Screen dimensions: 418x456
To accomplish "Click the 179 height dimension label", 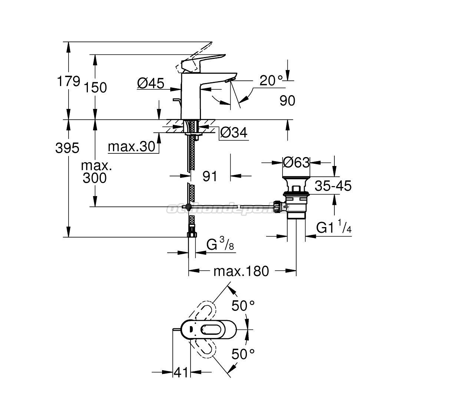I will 68,81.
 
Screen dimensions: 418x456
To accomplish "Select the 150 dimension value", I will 95,87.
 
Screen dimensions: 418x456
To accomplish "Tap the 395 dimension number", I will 67,148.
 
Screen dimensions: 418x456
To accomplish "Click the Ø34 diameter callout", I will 233,132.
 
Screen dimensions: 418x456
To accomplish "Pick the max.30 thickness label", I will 132,147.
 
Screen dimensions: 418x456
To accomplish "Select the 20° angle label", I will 271,80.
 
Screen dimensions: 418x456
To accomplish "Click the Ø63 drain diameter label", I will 296,162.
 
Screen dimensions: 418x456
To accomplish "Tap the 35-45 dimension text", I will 333,186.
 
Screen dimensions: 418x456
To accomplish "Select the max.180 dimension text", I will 241,271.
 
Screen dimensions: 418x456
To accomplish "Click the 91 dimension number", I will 210,176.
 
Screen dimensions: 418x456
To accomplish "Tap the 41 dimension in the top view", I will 181,372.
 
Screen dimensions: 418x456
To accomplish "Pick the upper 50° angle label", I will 243,306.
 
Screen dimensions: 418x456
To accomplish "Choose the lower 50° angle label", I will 243,354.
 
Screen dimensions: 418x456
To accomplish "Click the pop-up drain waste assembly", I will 295,200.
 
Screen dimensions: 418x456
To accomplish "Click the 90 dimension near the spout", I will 287,100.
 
